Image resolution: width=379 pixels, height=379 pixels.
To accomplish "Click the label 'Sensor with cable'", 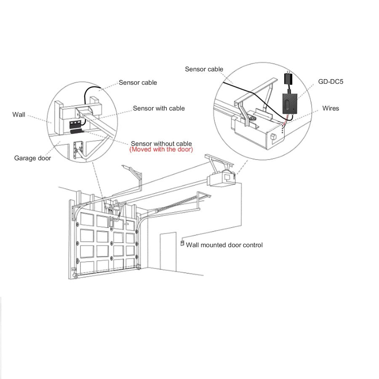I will point(159,108).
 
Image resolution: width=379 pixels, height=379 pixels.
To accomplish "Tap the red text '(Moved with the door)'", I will point(161,149).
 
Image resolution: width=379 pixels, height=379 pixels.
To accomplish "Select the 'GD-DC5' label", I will point(331,81).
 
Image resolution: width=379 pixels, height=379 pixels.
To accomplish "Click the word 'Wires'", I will point(331,108).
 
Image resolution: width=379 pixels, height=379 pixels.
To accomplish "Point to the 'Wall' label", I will point(19,114).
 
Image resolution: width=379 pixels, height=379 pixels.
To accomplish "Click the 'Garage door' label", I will point(32,158).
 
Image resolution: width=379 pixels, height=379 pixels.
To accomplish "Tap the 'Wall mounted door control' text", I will point(224,245).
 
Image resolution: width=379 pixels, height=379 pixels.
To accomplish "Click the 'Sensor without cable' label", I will point(161,143).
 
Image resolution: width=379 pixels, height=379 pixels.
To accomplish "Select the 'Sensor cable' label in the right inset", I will point(204,69).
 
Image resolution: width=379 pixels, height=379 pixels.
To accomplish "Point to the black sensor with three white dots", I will point(75,124).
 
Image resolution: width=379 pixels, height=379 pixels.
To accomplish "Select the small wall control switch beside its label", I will point(182,243).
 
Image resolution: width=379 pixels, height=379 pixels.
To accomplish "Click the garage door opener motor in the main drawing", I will point(222,178).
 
